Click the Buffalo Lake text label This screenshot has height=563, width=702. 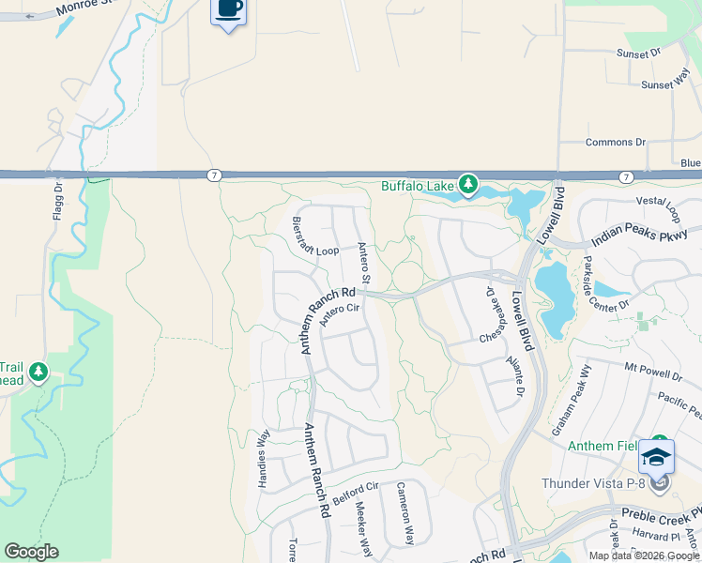pyautogui.click(x=417, y=185)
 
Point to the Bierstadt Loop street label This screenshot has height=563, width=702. pyautogui.click(x=314, y=238)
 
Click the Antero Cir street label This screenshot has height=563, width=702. pyautogui.click(x=340, y=314)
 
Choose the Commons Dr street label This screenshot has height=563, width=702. pyautogui.click(x=615, y=143)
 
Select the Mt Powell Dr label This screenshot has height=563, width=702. pyautogui.click(x=653, y=370)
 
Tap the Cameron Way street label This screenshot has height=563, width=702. pyautogui.click(x=405, y=513)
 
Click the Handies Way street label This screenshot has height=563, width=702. pyautogui.click(x=264, y=459)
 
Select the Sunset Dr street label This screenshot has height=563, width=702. pyautogui.click(x=638, y=54)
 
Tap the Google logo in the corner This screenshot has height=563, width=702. pyautogui.click(x=31, y=552)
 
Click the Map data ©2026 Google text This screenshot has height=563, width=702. pyautogui.click(x=644, y=555)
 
